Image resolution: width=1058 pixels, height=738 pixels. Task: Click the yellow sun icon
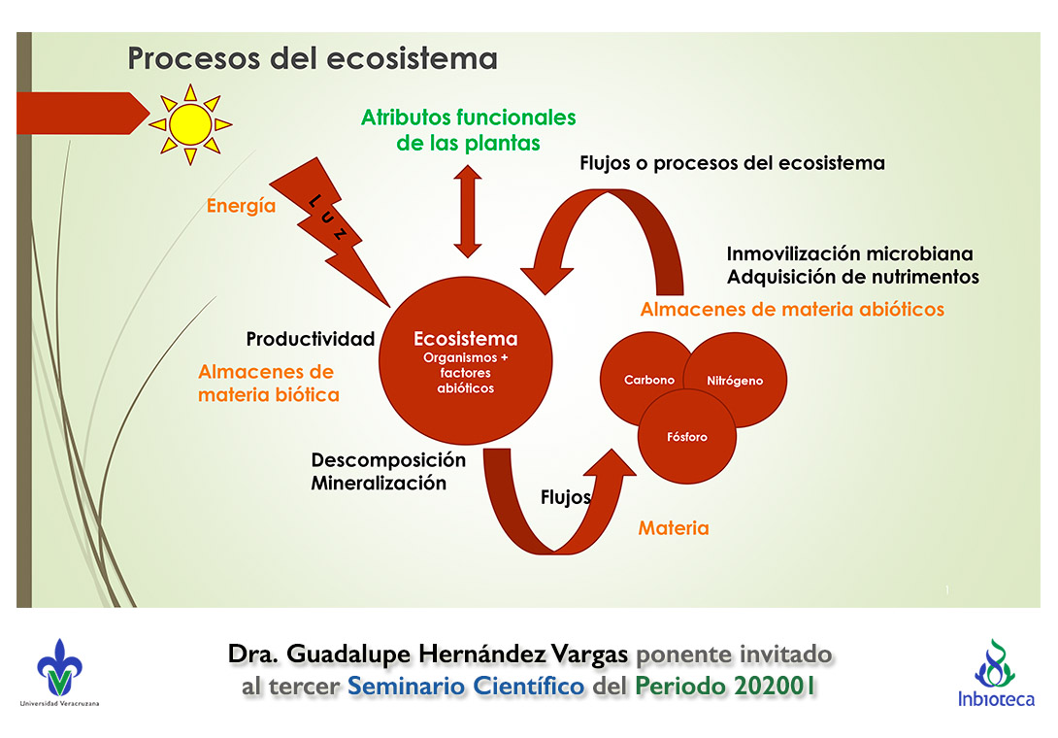pos(189,123)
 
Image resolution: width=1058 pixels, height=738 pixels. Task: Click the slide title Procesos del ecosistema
pos(313,58)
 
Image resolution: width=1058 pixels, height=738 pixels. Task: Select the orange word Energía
pos(241,206)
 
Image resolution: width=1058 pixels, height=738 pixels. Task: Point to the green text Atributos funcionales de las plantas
pos(468,130)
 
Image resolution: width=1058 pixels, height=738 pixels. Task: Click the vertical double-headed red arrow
pos(468,211)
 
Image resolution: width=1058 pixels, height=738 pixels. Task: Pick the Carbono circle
pos(648,380)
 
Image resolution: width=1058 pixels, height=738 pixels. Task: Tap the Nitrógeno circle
pos(735,381)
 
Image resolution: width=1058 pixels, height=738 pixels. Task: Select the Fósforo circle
pos(686,436)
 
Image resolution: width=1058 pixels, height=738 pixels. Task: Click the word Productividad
pos(310,339)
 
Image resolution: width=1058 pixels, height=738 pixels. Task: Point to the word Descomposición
pos(388,460)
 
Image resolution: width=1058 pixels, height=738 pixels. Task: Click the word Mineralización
pos(379,483)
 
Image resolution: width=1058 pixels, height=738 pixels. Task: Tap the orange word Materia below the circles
pos(673,528)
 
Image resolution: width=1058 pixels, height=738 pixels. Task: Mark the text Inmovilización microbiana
pos(849,253)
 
